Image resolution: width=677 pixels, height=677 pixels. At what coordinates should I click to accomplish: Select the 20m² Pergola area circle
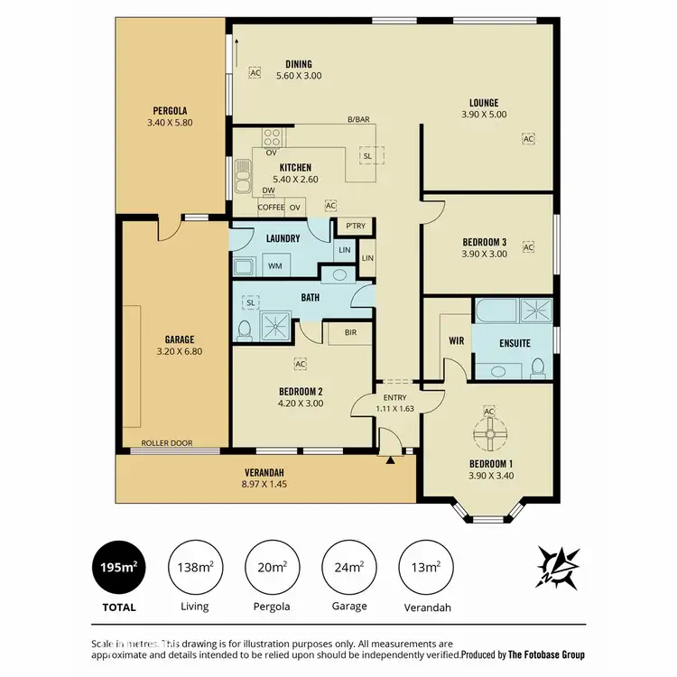272,568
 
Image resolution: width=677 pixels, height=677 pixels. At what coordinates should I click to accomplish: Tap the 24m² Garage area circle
348,568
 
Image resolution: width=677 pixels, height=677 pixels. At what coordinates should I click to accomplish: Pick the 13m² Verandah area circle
425,568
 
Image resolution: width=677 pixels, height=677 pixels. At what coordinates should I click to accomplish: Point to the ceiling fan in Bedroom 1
490,438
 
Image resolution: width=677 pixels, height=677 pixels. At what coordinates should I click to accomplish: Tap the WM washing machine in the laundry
274,266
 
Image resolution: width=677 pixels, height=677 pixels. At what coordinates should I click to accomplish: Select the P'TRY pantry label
353,227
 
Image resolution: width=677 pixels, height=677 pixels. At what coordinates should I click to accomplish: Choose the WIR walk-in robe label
455,342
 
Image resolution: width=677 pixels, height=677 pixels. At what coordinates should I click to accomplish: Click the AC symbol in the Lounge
527,139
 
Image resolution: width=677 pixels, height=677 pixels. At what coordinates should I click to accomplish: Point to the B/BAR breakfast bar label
359,119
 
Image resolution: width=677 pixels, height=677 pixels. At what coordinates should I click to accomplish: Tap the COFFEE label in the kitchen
271,208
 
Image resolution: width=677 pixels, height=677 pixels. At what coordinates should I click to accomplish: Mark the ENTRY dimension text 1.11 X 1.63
394,409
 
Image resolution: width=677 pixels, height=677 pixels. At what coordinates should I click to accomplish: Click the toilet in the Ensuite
538,367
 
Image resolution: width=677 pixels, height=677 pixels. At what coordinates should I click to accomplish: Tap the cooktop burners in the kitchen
272,137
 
